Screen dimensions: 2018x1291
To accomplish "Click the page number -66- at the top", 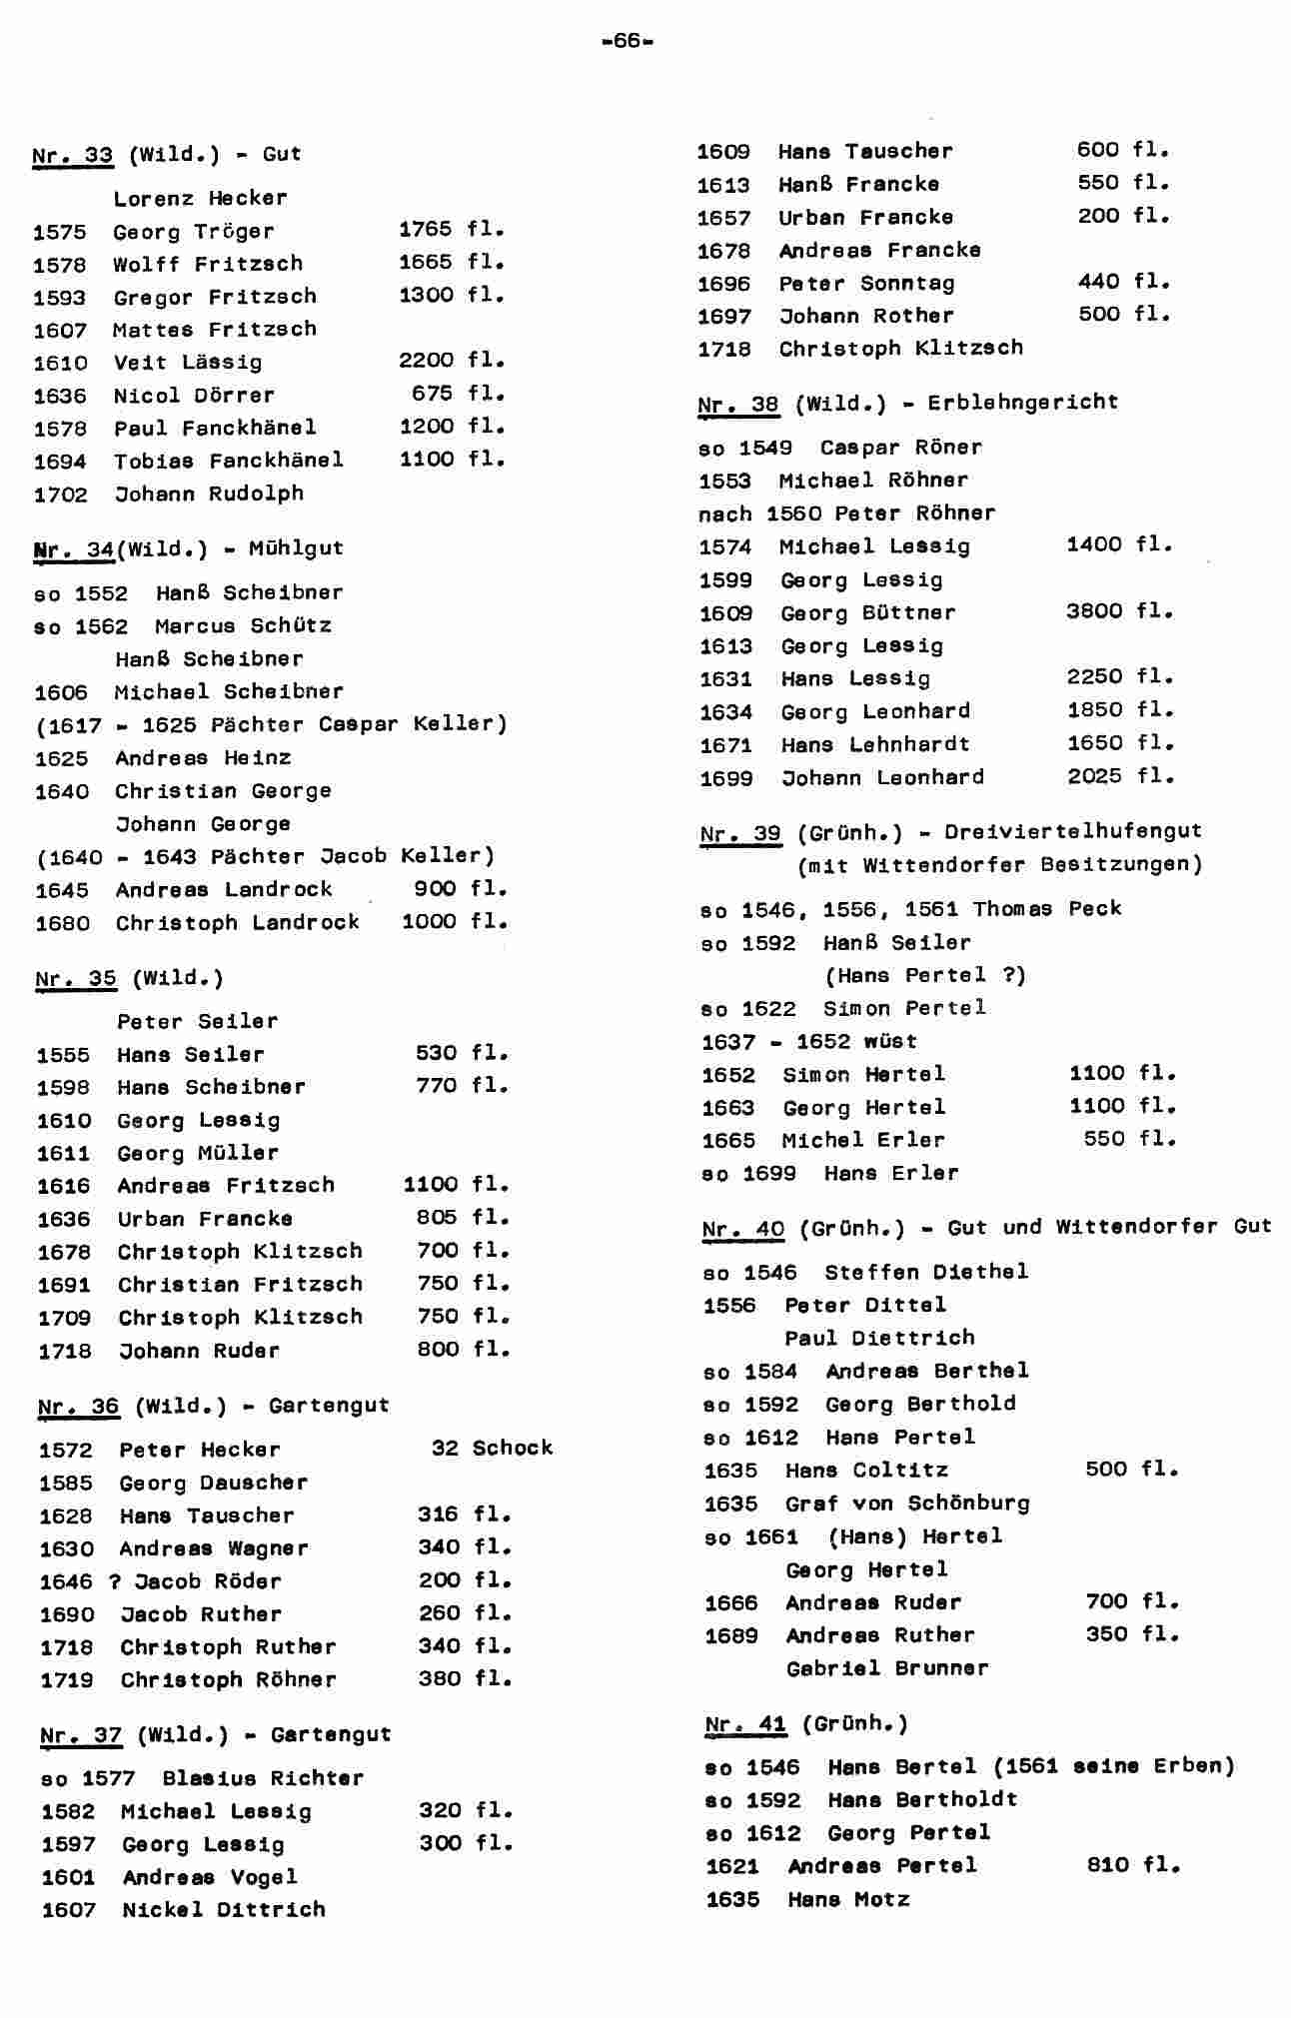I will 629,41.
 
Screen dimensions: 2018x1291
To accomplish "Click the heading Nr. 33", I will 72,155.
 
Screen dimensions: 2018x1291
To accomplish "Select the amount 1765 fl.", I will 452,230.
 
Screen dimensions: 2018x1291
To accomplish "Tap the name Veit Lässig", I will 187,363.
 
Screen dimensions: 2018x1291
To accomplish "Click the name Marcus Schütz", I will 243,626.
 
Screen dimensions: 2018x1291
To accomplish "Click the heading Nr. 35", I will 76,978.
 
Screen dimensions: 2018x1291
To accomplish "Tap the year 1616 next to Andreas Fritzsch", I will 64,1186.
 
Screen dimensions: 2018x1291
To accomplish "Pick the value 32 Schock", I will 492,1449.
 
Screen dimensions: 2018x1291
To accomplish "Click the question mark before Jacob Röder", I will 115,1581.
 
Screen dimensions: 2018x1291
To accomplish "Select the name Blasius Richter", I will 263,1778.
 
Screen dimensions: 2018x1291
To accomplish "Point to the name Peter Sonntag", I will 866,284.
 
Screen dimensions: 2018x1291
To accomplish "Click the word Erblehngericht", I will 1022,403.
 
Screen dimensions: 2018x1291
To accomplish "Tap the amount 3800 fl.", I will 1119,611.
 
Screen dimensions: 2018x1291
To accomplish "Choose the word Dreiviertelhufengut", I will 1073,831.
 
